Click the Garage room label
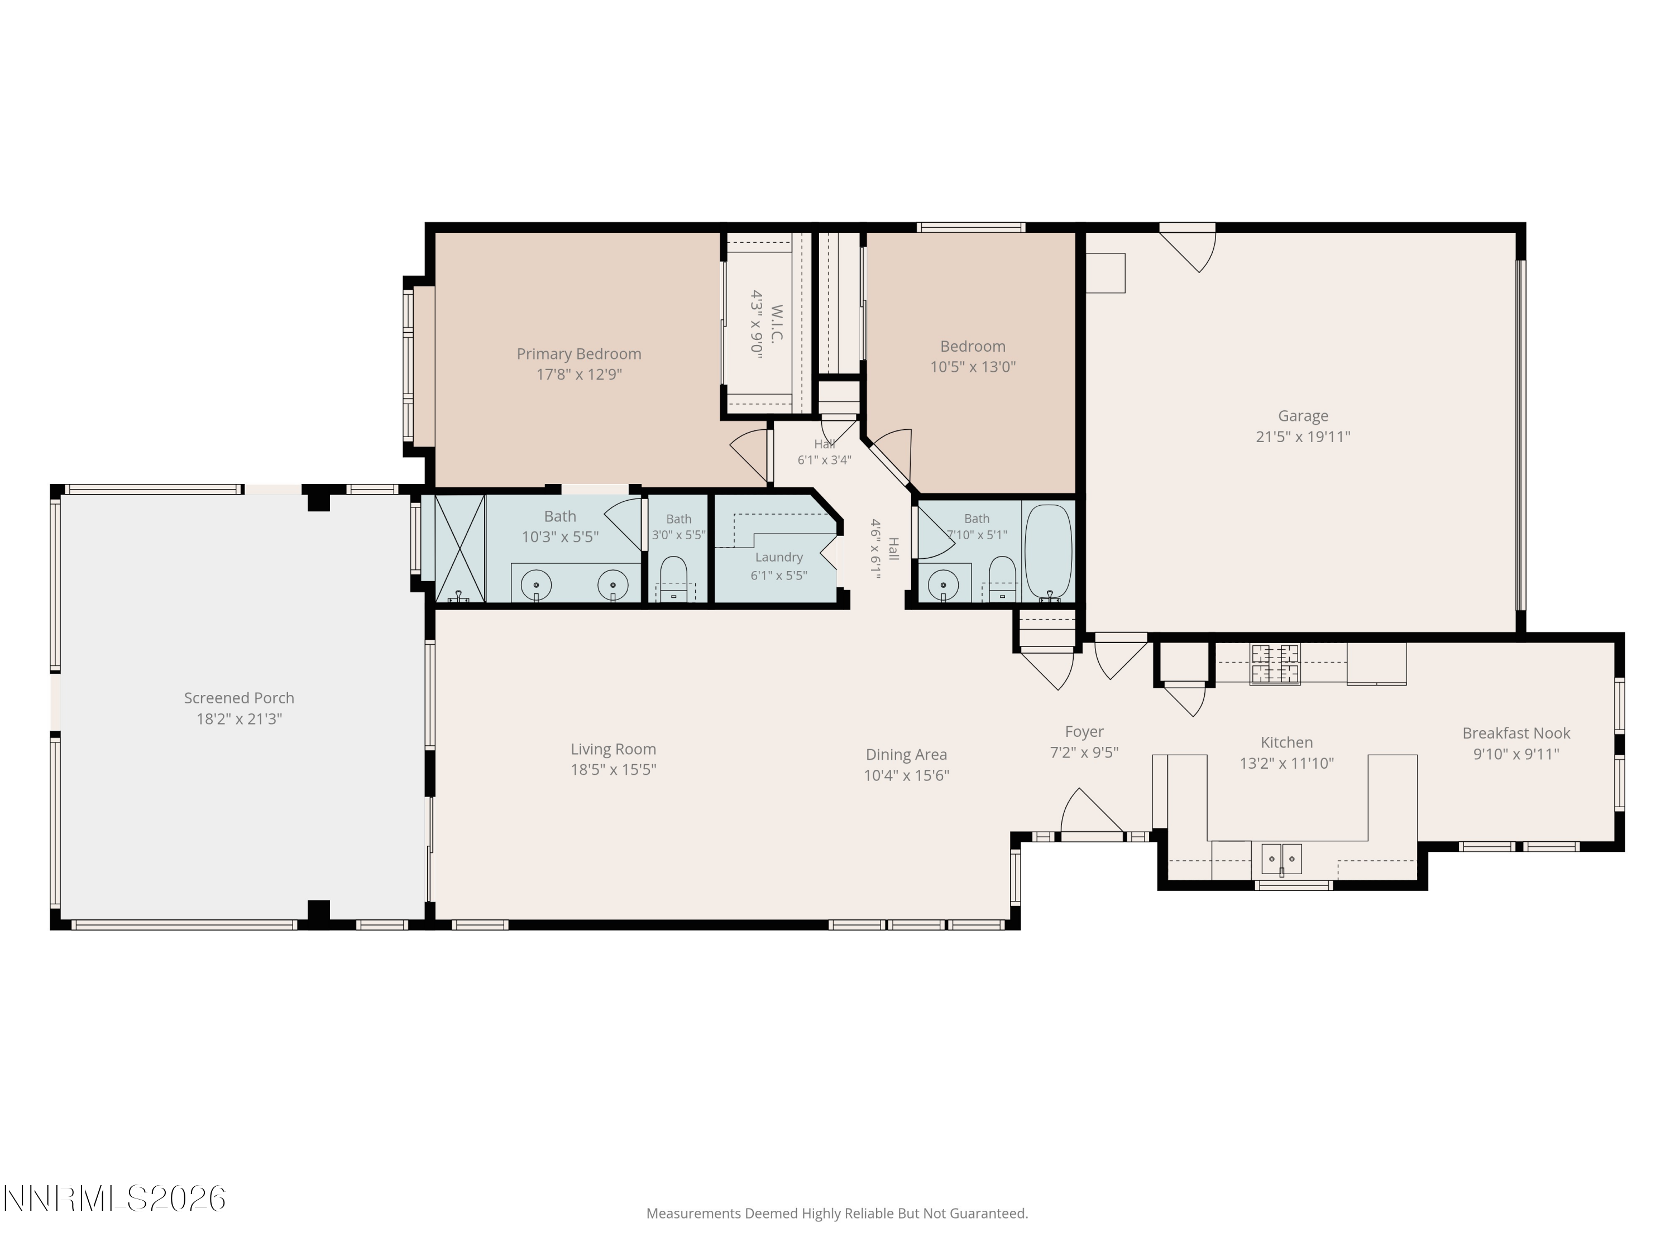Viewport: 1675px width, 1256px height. click(1303, 416)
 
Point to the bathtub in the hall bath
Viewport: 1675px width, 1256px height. click(1048, 552)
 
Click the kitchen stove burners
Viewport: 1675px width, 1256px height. click(1275, 663)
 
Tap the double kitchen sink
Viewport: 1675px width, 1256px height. click(1281, 859)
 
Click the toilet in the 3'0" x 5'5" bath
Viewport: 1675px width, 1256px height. click(673, 579)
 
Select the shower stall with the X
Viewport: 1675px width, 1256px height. click(459, 548)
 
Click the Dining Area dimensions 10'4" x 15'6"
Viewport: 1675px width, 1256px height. click(906, 775)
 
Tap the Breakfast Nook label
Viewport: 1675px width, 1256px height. click(1516, 733)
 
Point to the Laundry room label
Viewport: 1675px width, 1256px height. click(778, 557)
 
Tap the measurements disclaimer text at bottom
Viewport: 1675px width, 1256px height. click(837, 1214)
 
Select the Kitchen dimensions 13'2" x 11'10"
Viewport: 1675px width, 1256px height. click(1286, 763)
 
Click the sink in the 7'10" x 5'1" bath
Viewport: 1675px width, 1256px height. click(944, 584)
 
